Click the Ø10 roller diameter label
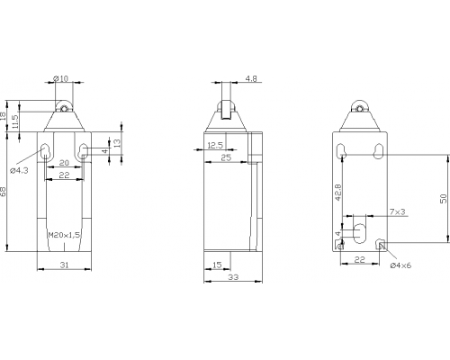coord(60,78)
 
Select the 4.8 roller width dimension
coord(251,79)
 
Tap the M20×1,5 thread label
coord(64,235)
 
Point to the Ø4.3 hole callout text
coord(19,171)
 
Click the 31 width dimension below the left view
coord(65,265)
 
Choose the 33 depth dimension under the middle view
coord(233,277)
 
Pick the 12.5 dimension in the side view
coord(215,146)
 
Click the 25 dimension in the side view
coord(226,157)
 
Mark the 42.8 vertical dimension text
coord(338,193)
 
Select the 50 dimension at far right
coord(444,199)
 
